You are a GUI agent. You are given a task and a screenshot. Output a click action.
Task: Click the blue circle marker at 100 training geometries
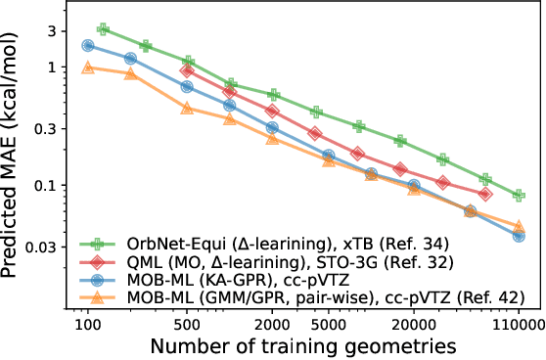[x=88, y=46]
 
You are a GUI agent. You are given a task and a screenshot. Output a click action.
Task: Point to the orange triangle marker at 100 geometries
[x=88, y=67]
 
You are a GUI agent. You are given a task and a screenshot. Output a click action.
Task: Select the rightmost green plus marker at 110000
[x=519, y=196]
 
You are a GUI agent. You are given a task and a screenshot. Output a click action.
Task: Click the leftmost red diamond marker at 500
[x=188, y=71]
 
